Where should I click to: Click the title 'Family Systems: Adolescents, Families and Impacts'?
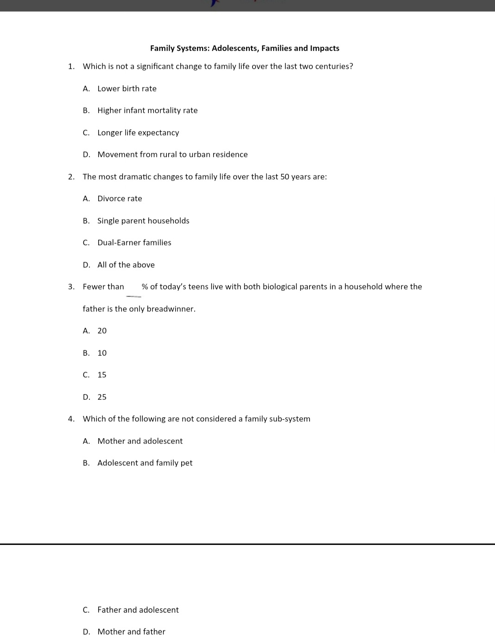click(244, 48)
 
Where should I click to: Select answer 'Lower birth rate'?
click(127, 89)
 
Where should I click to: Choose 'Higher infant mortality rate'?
click(147, 110)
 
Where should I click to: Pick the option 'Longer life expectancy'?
click(138, 133)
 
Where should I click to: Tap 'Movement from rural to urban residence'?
click(172, 154)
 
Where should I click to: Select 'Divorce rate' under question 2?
click(120, 199)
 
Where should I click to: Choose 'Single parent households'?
click(143, 221)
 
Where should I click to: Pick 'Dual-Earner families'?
click(134, 243)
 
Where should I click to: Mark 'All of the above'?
click(126, 265)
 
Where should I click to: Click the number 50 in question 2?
click(285, 177)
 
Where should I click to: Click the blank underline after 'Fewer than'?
click(133, 295)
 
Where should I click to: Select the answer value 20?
click(102, 331)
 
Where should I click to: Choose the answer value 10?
click(102, 353)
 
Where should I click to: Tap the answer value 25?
click(102, 397)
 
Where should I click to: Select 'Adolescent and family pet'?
click(145, 463)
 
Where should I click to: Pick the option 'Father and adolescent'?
click(138, 610)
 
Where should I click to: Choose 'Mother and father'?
click(131, 632)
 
